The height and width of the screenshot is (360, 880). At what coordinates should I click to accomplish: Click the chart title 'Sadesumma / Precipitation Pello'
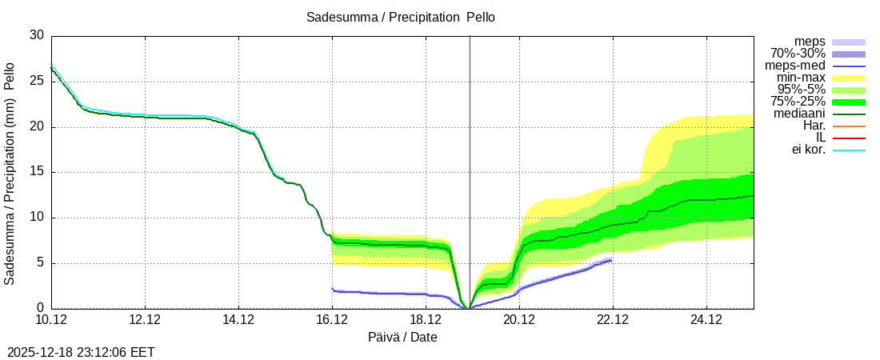click(401, 18)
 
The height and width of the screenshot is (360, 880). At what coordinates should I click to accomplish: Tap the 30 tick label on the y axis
click(37, 36)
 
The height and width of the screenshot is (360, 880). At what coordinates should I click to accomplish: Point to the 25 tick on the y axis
click(37, 82)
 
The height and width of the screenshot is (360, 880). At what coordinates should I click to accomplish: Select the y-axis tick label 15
click(37, 172)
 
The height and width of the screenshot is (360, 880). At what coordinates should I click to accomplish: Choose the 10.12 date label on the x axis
click(51, 320)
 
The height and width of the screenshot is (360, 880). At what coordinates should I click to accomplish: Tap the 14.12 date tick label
click(238, 320)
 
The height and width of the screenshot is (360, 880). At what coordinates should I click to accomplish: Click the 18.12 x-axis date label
click(426, 320)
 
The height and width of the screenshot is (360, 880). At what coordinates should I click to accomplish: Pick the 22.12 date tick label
click(613, 320)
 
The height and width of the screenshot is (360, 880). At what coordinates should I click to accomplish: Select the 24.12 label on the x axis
click(706, 320)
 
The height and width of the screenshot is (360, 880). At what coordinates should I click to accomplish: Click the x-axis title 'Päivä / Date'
click(402, 337)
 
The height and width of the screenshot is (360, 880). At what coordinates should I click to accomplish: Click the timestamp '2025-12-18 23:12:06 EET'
click(81, 351)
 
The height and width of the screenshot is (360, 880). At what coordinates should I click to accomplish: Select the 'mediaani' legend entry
click(799, 114)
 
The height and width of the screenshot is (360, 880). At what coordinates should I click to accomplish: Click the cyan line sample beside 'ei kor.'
click(849, 150)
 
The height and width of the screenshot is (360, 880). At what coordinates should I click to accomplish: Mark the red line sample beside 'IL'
click(849, 138)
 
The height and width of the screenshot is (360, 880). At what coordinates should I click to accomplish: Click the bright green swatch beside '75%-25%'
click(849, 102)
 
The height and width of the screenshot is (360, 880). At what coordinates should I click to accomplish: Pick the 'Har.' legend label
click(814, 126)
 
